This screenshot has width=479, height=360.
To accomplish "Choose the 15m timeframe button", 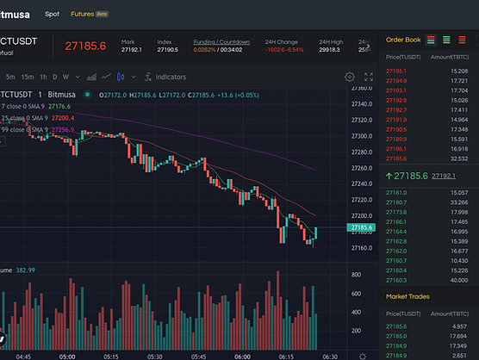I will click(28, 77).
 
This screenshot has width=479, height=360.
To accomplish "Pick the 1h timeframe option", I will click(44, 77).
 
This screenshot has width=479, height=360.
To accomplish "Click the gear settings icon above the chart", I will click(349, 77).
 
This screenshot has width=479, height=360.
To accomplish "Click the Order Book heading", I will click(403, 40).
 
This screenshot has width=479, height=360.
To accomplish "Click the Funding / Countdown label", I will click(221, 41).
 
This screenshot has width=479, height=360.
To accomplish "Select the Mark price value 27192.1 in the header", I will click(131, 50).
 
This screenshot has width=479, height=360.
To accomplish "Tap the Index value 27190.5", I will click(169, 50).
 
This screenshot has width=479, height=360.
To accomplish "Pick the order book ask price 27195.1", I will click(397, 71).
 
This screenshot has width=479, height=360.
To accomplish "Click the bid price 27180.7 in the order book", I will click(397, 202).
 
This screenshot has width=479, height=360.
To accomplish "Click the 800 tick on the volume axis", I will click(355, 274).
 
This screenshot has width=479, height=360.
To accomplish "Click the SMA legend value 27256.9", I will click(62, 129).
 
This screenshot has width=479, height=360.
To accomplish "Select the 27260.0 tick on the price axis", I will click(362, 168).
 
